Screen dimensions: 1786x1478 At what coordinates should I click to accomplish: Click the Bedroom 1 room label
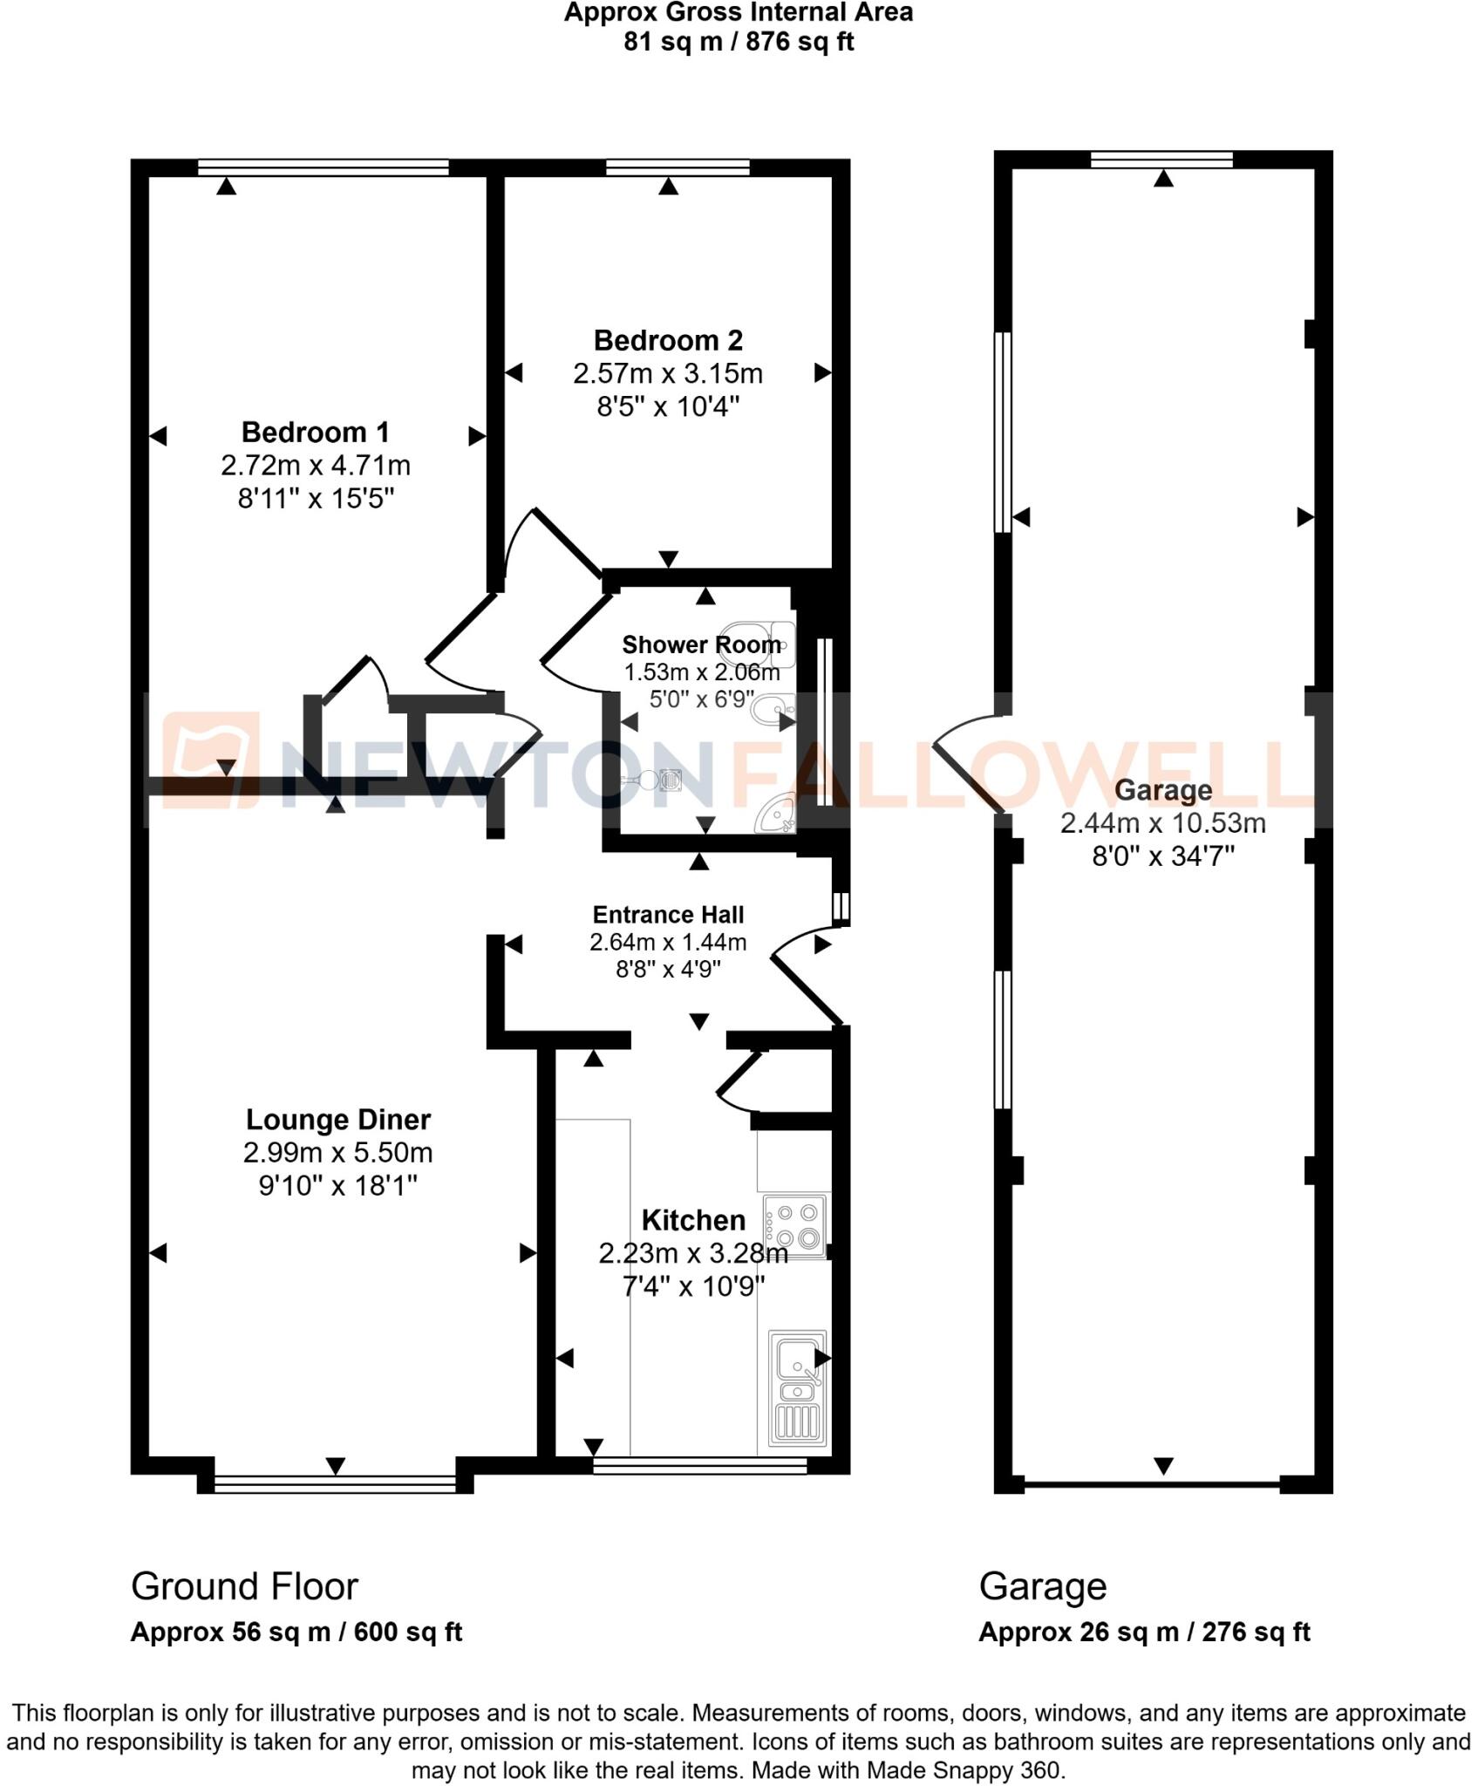(315, 433)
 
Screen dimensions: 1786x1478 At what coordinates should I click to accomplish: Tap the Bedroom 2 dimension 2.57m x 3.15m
(667, 374)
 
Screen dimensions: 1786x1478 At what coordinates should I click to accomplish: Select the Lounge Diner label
(337, 1120)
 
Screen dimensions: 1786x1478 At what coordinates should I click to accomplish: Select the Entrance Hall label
(668, 915)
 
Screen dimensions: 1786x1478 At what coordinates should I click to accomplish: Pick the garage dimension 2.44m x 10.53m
(1163, 823)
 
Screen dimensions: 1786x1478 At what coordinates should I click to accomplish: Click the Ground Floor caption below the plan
(244, 1587)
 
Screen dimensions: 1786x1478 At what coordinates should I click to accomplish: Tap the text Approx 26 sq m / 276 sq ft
(1144, 1633)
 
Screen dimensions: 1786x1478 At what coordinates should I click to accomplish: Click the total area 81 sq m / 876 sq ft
(738, 42)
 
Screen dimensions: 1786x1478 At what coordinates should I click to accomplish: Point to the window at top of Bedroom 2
(678, 167)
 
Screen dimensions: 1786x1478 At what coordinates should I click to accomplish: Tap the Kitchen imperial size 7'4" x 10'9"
(693, 1286)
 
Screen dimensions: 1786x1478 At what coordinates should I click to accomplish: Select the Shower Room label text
(701, 645)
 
